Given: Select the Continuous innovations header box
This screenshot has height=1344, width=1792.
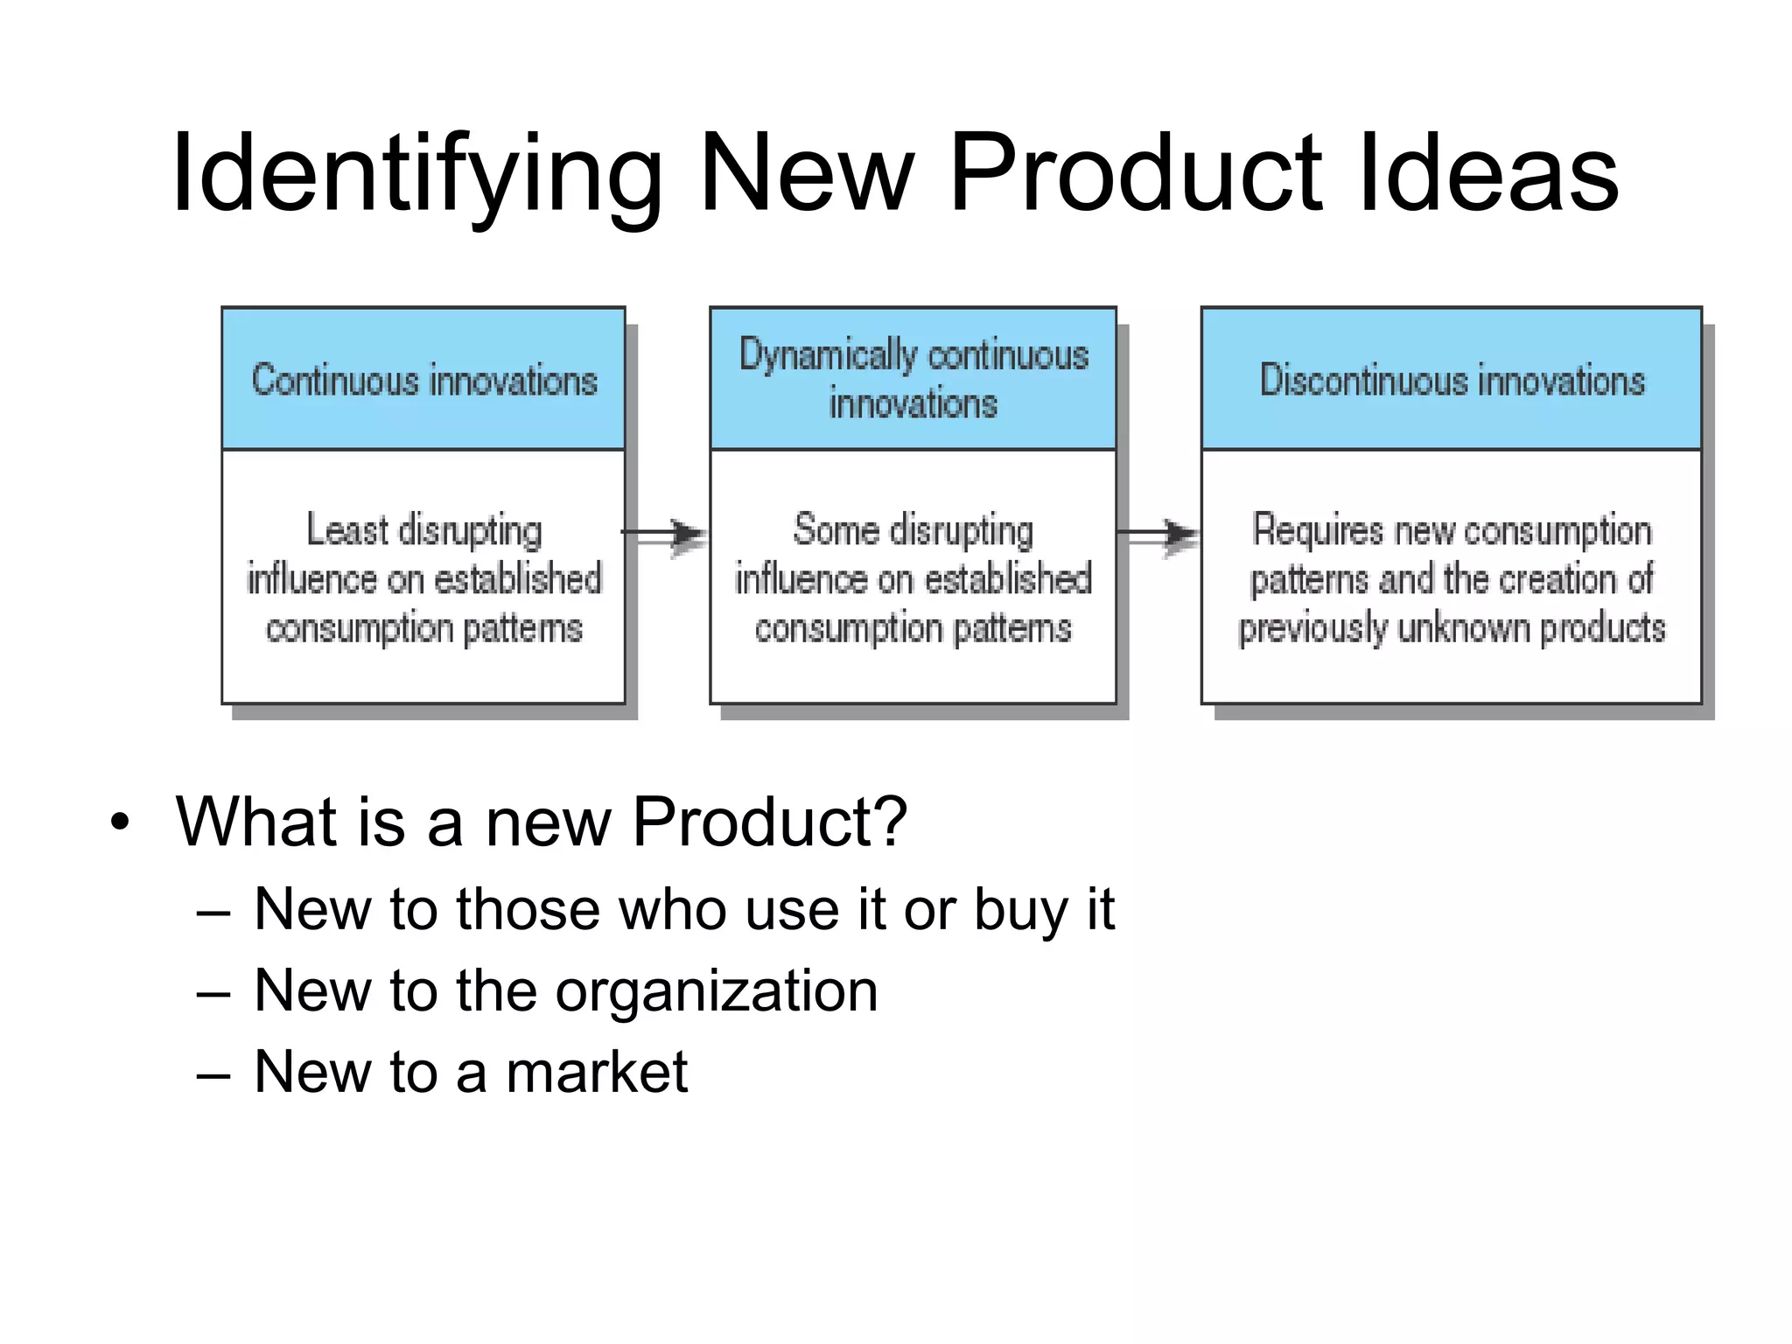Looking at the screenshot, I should click(423, 380).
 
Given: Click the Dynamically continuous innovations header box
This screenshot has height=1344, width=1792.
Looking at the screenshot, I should click(913, 380).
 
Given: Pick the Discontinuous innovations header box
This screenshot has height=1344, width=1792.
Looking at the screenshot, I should click(1451, 380).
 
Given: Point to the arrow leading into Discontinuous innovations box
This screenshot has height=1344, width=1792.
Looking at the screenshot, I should click(1159, 533).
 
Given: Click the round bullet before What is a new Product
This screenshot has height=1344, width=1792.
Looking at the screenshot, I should click(120, 823).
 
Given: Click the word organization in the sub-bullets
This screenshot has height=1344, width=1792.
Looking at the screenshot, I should click(717, 991).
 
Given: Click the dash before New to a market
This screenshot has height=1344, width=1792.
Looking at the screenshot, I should click(213, 1074).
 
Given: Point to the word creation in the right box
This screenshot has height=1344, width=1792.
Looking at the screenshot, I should click(1557, 579).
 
